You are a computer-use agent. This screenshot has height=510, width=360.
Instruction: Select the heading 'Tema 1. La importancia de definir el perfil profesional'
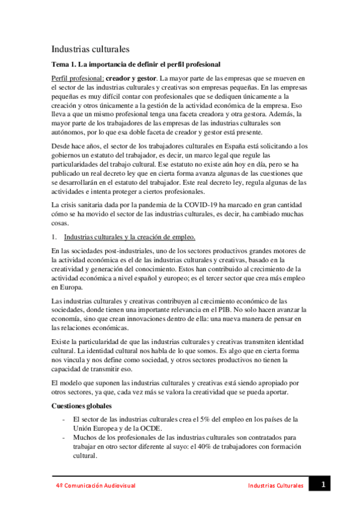[136, 64]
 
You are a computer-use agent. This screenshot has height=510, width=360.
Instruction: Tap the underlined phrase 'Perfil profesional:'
[78, 78]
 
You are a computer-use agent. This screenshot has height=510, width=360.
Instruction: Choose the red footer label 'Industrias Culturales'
[275, 485]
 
